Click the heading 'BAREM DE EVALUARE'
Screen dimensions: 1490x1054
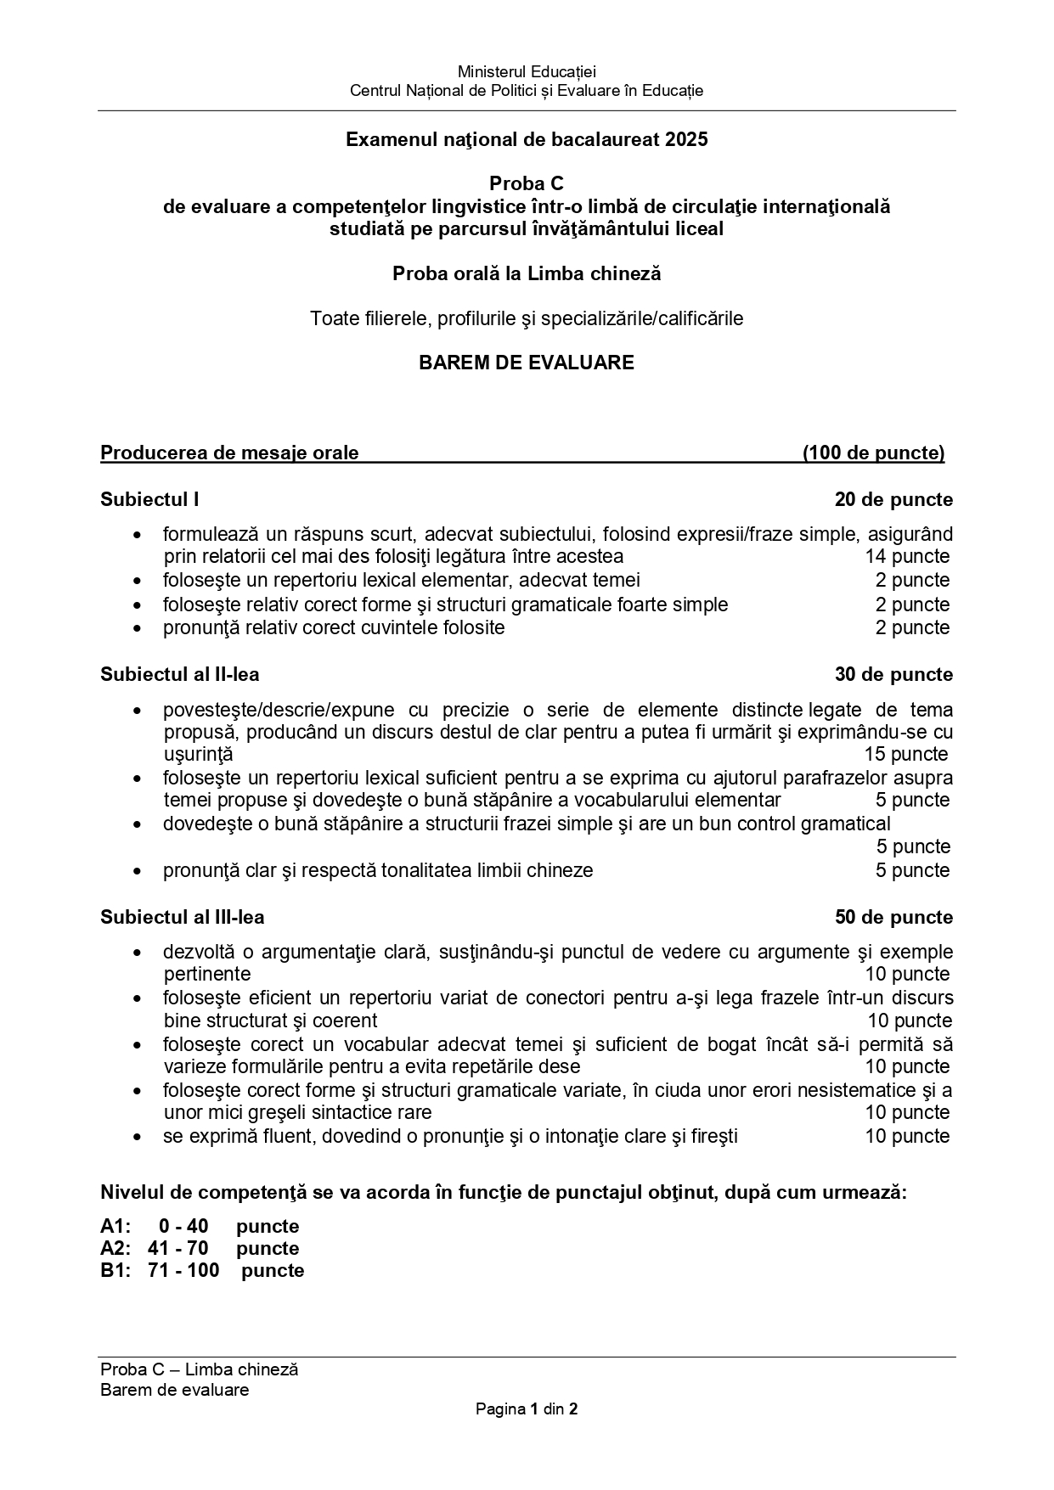(526, 363)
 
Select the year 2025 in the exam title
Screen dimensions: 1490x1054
(687, 139)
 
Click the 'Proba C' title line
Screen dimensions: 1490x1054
(526, 183)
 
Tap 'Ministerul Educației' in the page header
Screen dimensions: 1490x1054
(527, 72)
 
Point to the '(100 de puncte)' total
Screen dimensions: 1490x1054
(873, 453)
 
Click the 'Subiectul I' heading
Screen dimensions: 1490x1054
(149, 499)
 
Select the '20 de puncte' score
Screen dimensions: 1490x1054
(893, 499)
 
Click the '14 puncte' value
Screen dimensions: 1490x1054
(907, 556)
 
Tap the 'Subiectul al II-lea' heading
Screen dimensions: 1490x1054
(180, 674)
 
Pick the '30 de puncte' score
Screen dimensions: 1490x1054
(893, 674)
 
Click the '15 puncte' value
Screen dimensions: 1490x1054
(906, 754)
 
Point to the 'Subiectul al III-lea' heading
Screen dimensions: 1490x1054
(182, 917)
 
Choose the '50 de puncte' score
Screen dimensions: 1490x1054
(893, 917)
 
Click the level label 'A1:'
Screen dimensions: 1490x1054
(115, 1226)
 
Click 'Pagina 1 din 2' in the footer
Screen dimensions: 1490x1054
(527, 1409)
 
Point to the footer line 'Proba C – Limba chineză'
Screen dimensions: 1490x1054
(199, 1369)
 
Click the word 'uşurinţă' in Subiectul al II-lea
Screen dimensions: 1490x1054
(198, 754)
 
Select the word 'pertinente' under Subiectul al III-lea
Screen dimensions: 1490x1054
(207, 974)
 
